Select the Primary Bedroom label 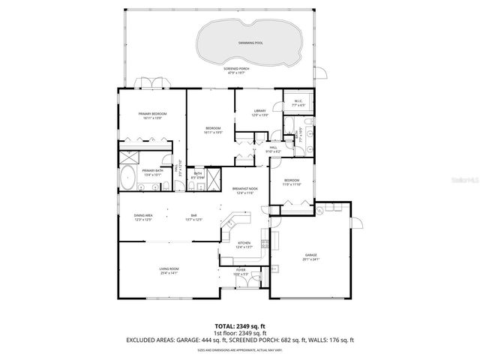151,114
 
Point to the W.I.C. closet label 297,101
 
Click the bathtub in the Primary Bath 127,179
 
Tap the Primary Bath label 153,170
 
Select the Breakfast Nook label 244,188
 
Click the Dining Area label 143,216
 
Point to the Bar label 193,216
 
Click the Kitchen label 244,243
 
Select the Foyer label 241,269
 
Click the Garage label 310,255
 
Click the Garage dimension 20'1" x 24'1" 310,259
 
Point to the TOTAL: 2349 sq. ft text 239,326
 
